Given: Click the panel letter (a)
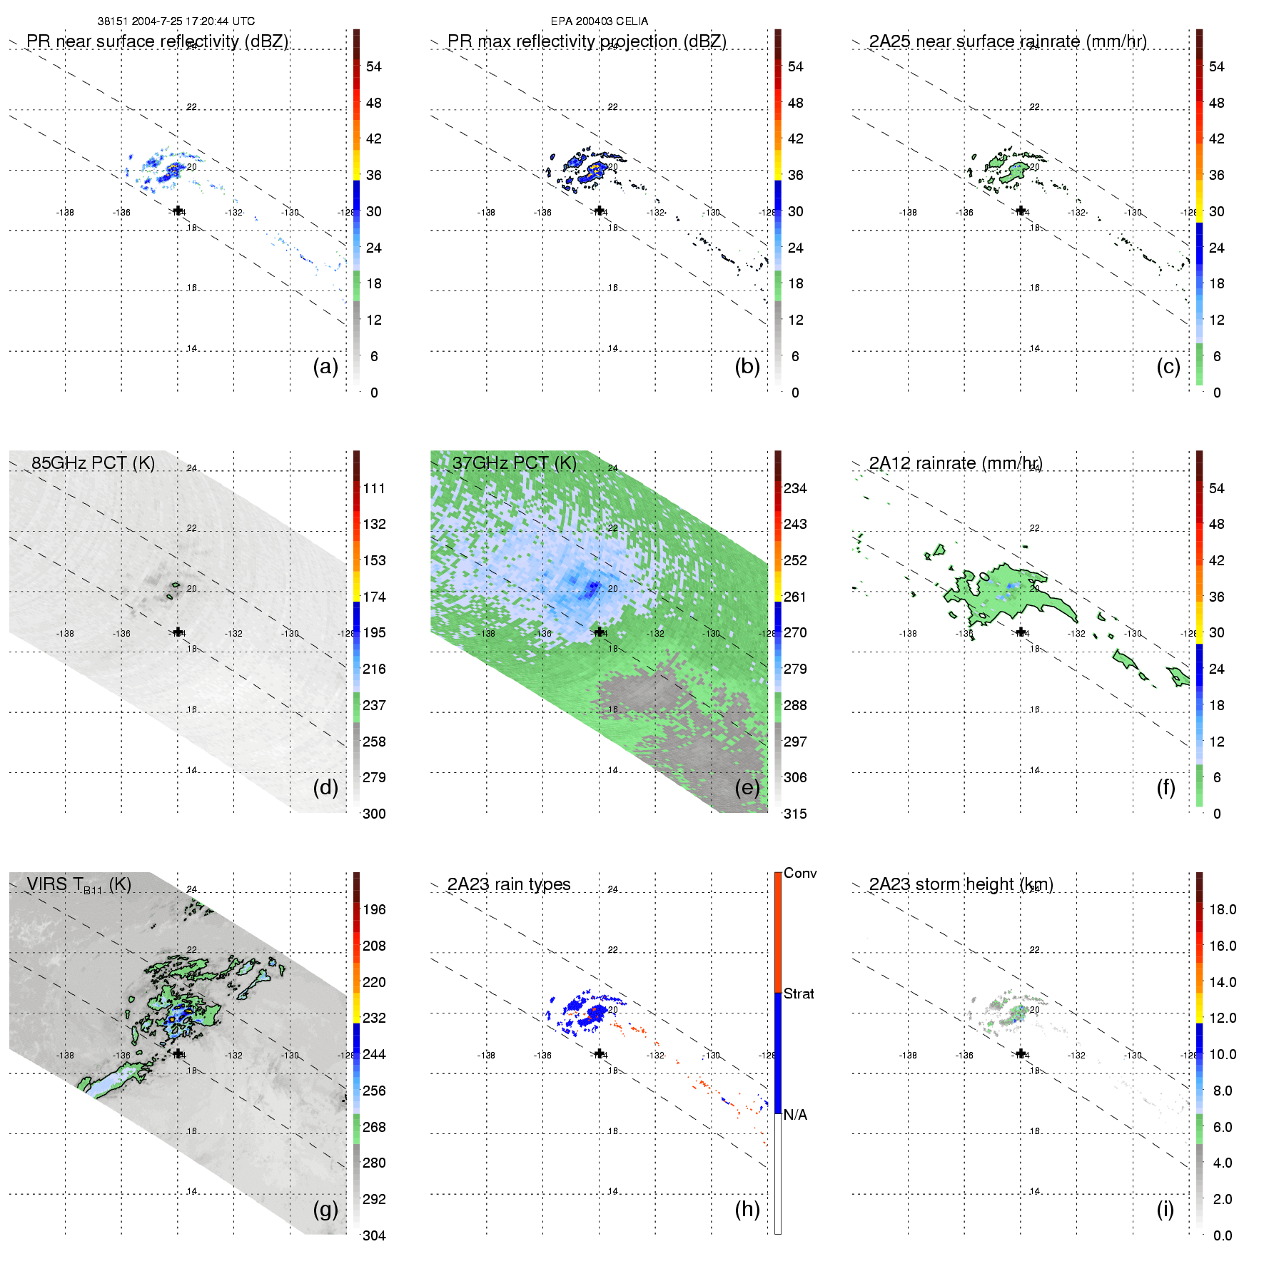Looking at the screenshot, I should tap(325, 367).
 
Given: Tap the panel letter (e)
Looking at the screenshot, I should tap(747, 788).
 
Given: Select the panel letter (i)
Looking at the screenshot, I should tap(1166, 1210).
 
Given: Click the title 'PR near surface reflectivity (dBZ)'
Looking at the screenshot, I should tap(157, 41).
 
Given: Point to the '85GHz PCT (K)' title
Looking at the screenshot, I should tap(93, 463).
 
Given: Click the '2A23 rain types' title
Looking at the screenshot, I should tap(509, 884).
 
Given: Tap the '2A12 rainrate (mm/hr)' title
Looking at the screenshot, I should tap(956, 463).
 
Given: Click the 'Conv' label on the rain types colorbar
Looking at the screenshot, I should tap(800, 873).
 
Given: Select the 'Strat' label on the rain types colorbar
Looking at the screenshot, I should tap(799, 993).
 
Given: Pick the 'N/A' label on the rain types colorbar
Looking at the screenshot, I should tap(795, 1115).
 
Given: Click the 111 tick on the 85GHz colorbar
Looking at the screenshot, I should tap(374, 488).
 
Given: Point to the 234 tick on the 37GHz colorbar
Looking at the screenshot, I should tap(795, 488).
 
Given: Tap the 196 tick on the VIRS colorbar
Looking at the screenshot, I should tap(374, 909).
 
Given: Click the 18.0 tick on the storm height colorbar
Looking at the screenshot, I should tap(1223, 909).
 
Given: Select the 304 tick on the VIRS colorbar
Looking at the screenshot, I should tap(374, 1235).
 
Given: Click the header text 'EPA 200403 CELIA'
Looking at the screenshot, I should tap(600, 21).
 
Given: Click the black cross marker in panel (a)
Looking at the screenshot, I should tap(178, 211).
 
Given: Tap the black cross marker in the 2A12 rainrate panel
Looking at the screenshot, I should tap(1021, 632).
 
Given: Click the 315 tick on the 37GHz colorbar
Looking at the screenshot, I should tap(795, 814).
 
